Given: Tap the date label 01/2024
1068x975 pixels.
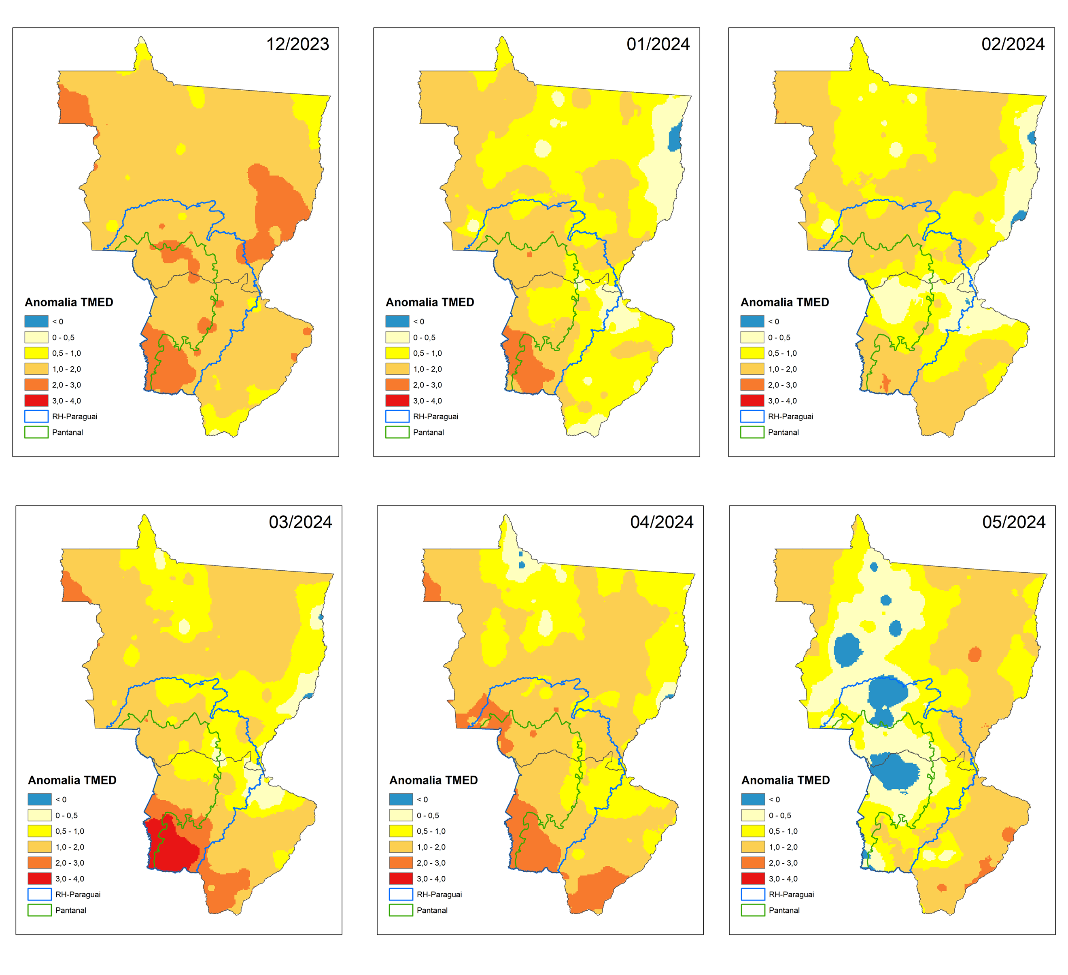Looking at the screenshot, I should (x=658, y=44).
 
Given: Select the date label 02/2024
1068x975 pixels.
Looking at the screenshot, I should (x=1013, y=44).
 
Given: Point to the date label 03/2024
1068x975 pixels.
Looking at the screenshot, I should (x=300, y=522).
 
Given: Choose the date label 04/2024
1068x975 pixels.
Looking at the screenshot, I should (x=662, y=522).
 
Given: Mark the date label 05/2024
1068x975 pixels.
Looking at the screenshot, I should (x=1014, y=522).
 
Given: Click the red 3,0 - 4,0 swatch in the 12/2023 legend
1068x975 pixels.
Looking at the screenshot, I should (x=36, y=401).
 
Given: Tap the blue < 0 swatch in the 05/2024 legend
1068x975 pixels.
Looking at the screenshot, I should (x=753, y=799).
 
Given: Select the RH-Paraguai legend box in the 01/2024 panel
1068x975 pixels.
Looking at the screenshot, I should (x=397, y=416).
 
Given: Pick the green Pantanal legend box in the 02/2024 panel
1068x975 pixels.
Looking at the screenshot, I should (x=752, y=432).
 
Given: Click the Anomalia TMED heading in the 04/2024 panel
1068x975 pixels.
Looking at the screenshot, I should (x=433, y=780).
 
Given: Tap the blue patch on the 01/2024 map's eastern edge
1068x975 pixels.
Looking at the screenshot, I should (x=674, y=138).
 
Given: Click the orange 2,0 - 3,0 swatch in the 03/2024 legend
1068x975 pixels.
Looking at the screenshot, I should (x=40, y=862).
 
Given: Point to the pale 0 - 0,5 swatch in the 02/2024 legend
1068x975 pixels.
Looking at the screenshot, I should (x=752, y=337).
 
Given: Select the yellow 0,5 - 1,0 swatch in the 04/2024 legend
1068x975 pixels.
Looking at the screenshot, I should (x=401, y=831).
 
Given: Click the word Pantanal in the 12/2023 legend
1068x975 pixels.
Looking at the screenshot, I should (x=67, y=432).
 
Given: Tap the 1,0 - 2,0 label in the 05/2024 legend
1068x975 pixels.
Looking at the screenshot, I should (x=783, y=847).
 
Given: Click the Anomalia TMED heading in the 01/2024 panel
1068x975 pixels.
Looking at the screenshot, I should (x=430, y=302).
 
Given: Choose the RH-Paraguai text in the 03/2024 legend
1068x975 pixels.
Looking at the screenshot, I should (x=78, y=894).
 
